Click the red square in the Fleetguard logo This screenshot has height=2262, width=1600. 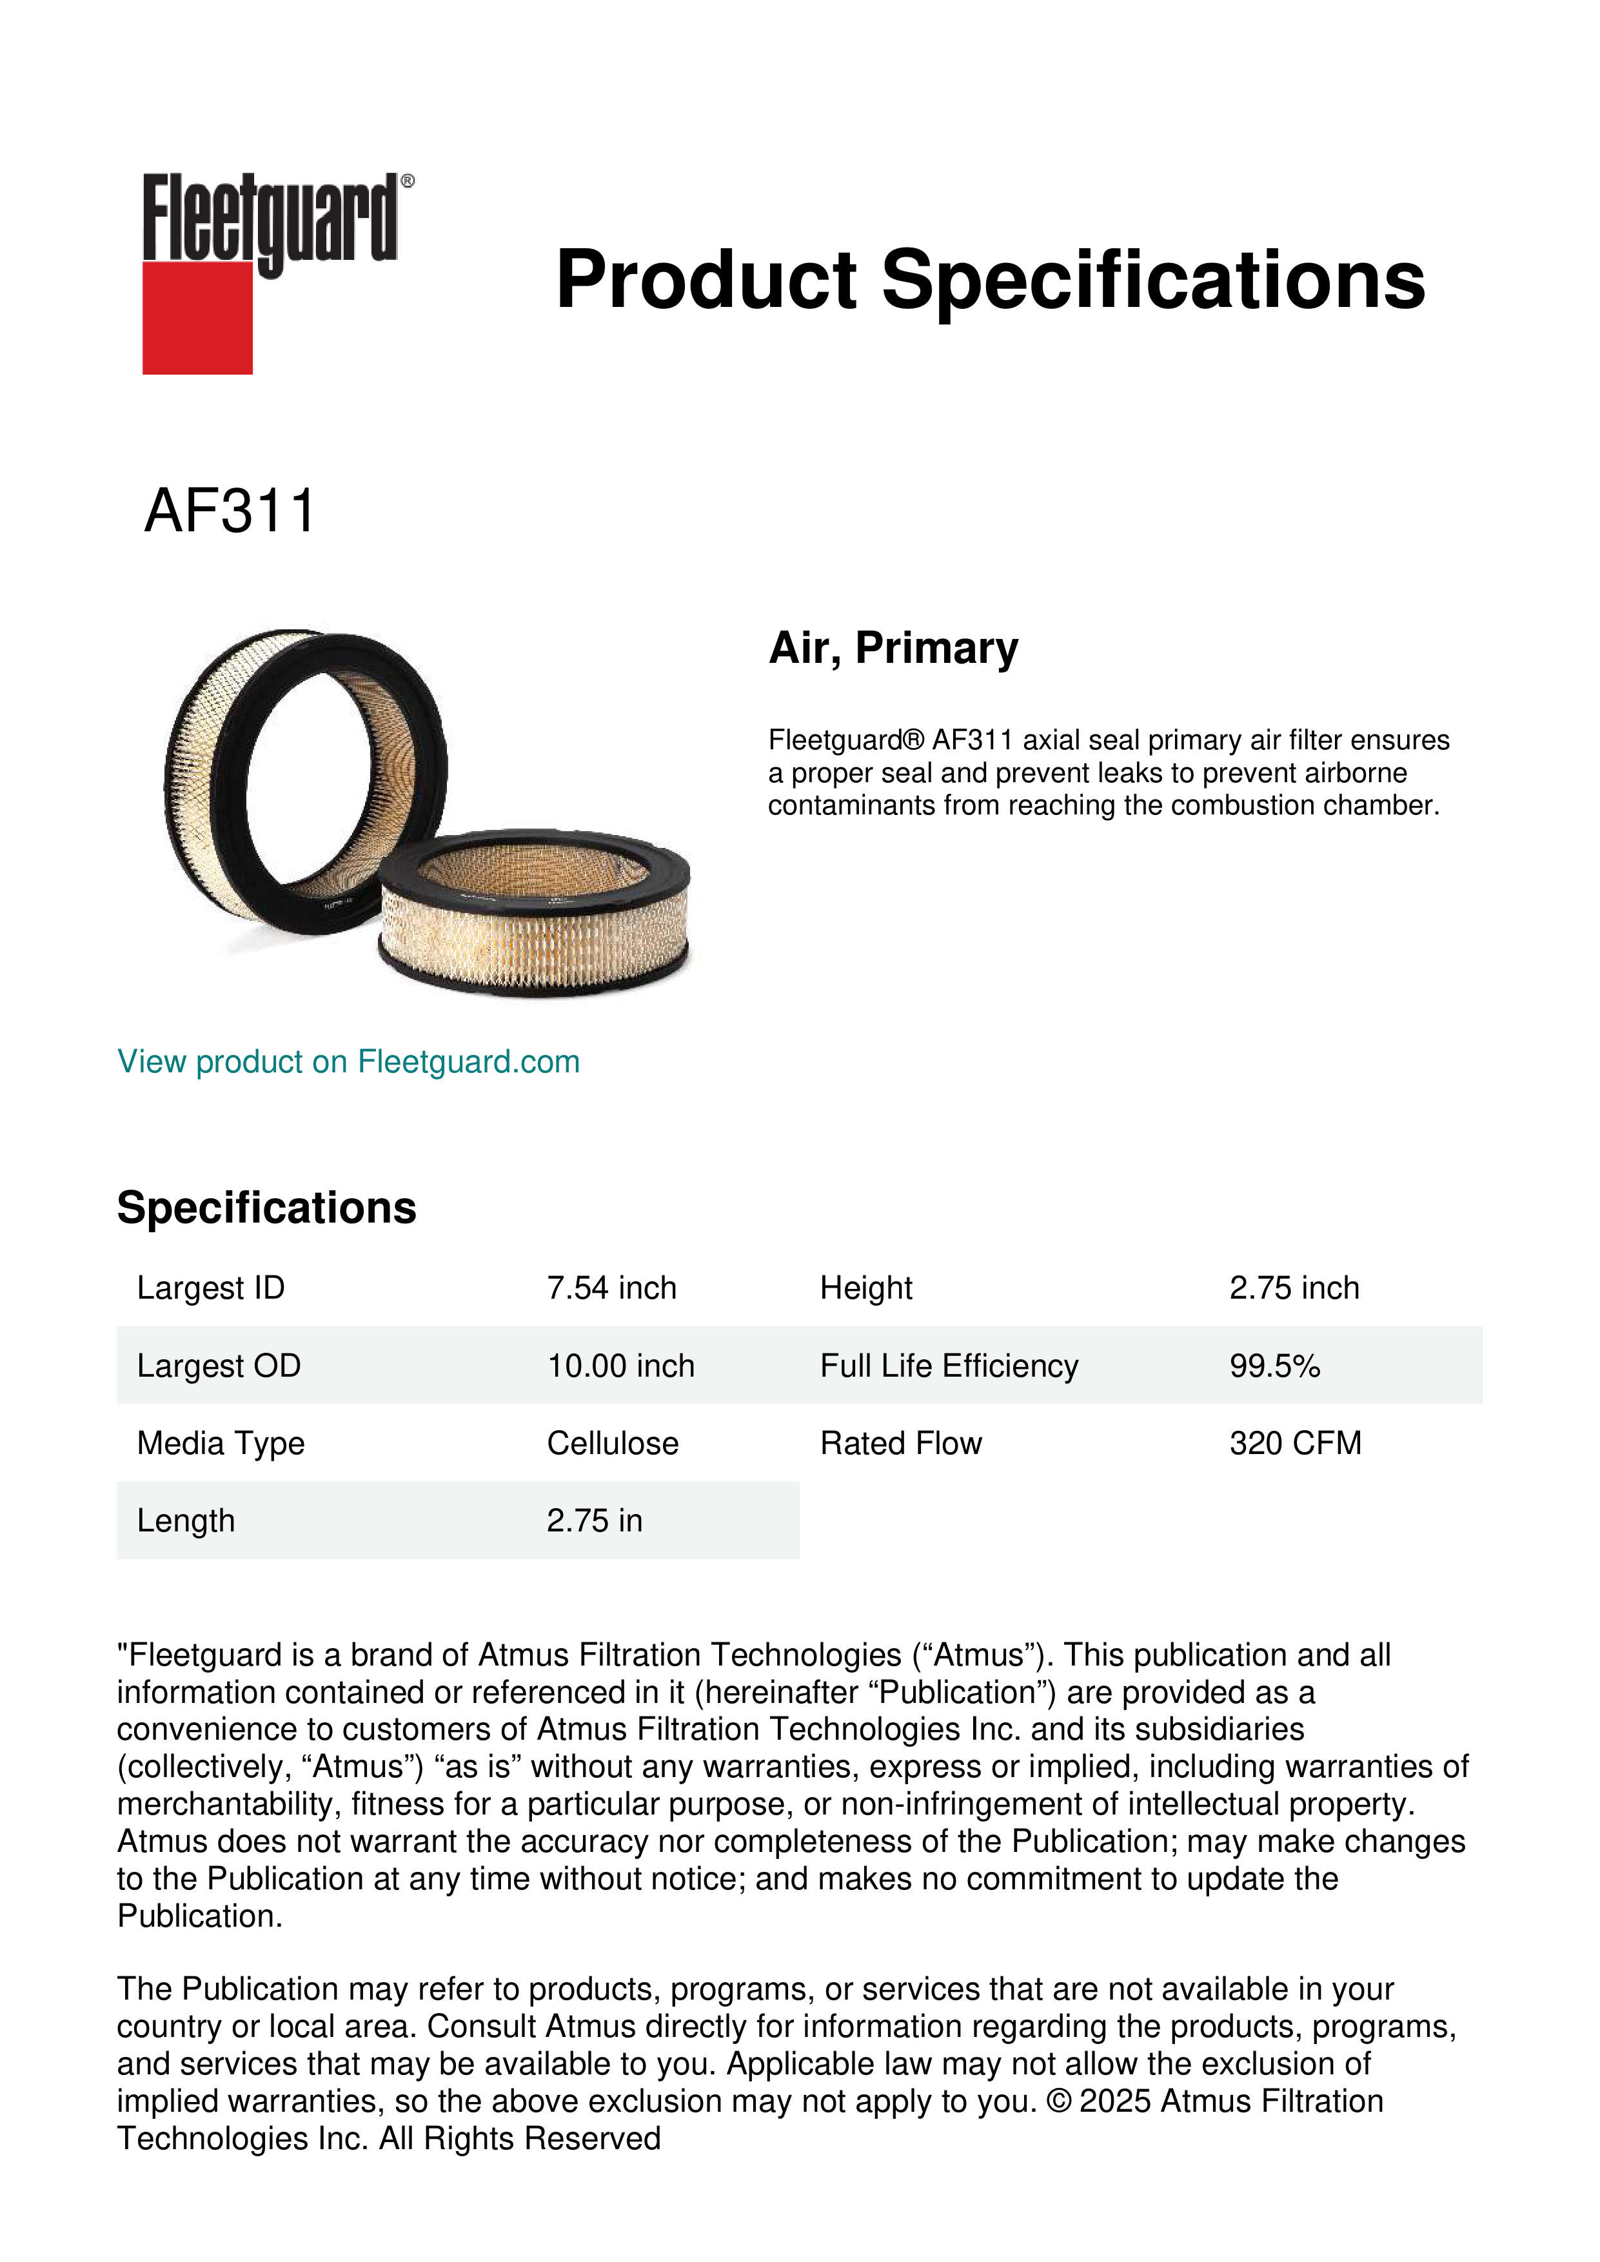click(197, 317)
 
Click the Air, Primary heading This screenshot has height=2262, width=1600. click(893, 648)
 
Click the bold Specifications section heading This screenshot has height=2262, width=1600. click(266, 1207)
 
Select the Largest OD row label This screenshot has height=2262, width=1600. click(219, 1366)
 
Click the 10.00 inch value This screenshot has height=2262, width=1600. click(620, 1366)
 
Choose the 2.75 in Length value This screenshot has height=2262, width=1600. click(594, 1520)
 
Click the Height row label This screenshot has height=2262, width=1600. click(866, 1288)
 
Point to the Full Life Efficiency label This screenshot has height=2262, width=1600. click(949, 1366)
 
